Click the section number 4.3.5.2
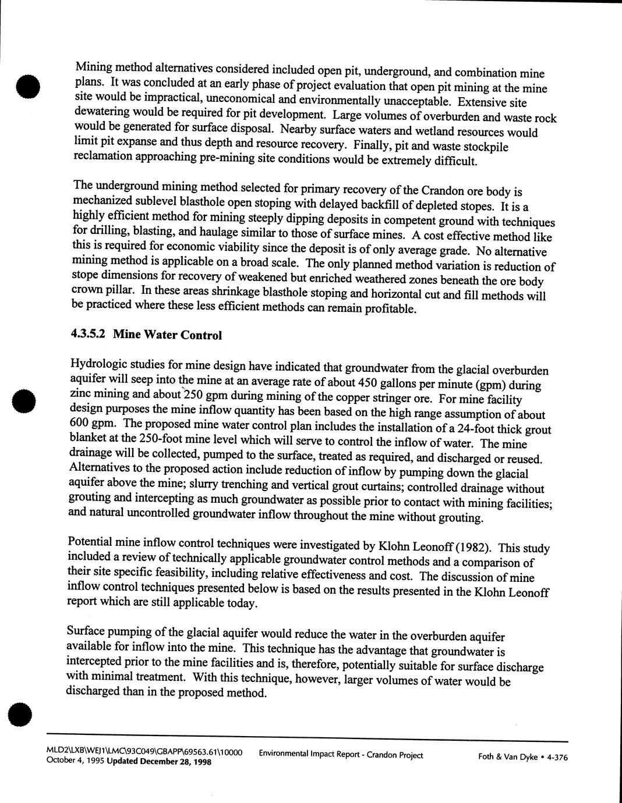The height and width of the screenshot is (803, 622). [89, 334]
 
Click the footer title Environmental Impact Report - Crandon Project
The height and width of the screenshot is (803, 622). [341, 755]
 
